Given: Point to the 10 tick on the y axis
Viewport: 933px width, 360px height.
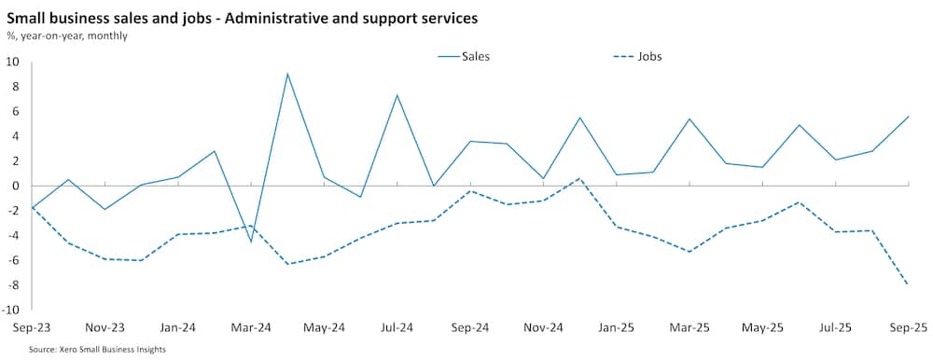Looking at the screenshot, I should click(x=13, y=62).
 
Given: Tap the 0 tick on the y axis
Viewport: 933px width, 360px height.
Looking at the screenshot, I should click(x=16, y=186).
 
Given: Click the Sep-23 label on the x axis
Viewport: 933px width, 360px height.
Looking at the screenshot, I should click(x=33, y=328).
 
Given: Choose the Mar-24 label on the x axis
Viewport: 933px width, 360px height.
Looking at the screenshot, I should click(x=251, y=328).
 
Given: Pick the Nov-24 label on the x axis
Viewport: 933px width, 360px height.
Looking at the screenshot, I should click(x=543, y=328).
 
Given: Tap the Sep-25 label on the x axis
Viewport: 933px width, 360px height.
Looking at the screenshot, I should click(x=908, y=328).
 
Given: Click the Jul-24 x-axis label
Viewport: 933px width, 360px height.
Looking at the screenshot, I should click(x=397, y=328).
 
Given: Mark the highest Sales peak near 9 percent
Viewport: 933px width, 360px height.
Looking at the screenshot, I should click(x=287, y=74).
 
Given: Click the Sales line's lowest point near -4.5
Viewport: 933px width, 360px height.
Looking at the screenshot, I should click(x=251, y=242).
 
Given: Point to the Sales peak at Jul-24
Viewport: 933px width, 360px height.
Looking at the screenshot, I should click(x=397, y=95).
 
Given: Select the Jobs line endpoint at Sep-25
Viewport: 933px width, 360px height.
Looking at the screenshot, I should click(x=908, y=284).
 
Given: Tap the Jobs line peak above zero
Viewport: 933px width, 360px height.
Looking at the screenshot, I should click(x=579, y=178).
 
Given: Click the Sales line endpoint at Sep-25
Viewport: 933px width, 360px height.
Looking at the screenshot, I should click(x=908, y=117).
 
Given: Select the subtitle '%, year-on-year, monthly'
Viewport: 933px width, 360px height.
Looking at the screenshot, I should click(x=67, y=35).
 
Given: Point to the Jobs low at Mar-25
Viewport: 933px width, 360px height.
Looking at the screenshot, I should click(x=689, y=252).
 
